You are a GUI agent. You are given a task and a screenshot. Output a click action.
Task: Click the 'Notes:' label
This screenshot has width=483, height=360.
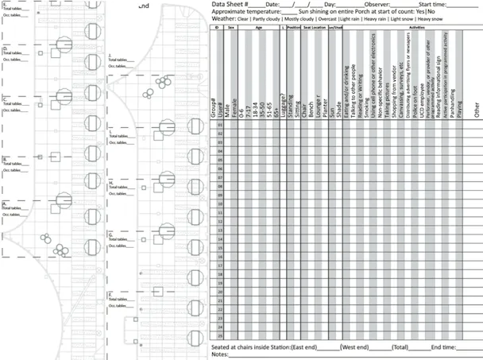tap(219, 355)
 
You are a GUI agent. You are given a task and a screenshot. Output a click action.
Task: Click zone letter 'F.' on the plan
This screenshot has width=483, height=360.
tap(110, 294)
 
